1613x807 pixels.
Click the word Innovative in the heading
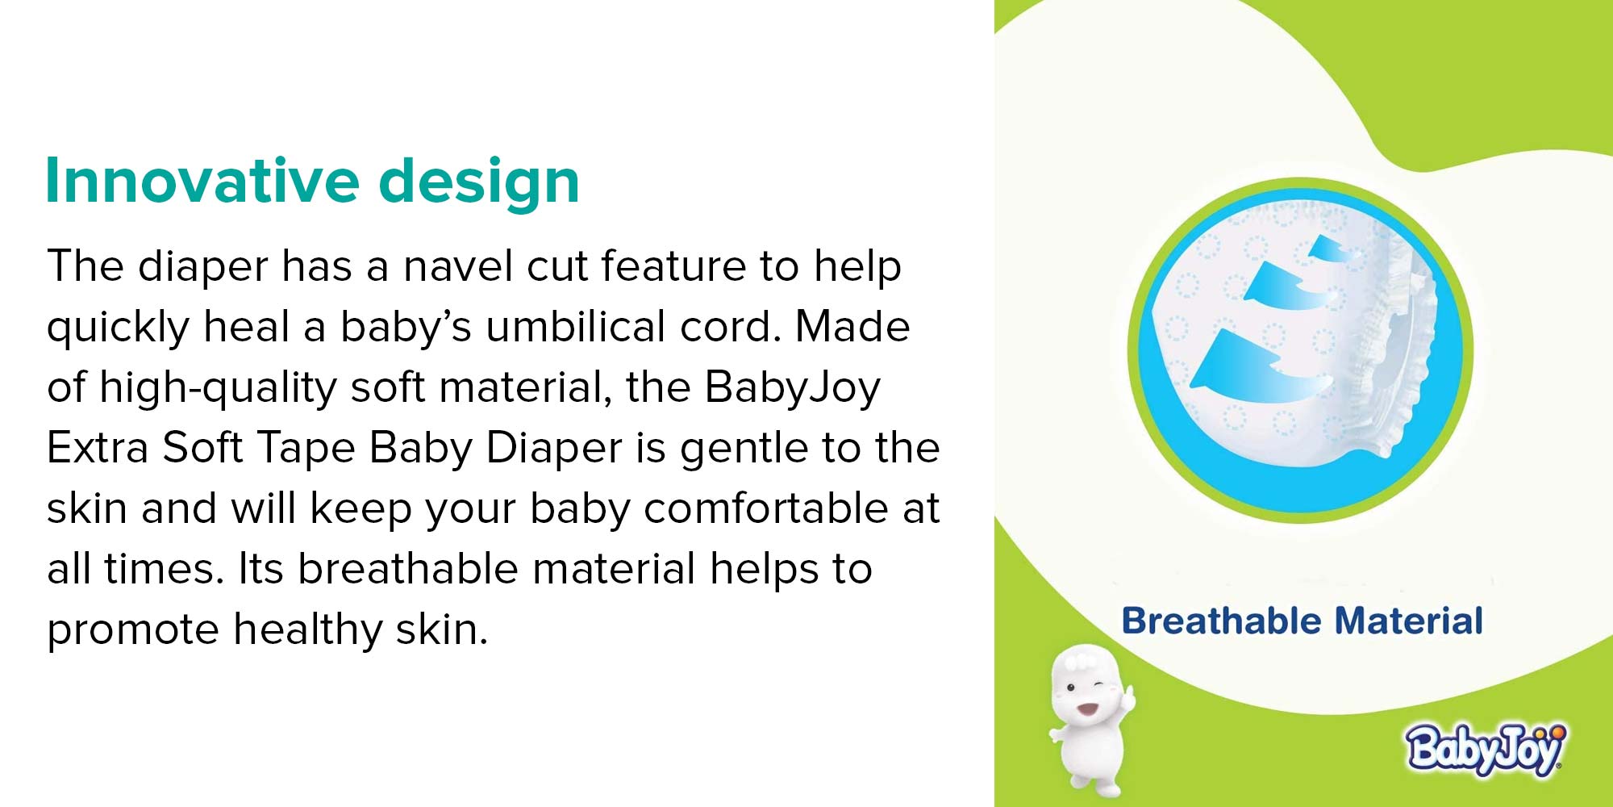tap(202, 180)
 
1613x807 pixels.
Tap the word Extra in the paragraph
tap(98, 447)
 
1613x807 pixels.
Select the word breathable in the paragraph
tap(408, 568)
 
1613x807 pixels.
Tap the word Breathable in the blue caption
tap(1222, 621)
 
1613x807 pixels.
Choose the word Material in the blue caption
tap(1409, 621)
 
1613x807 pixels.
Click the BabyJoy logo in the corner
tap(1486, 749)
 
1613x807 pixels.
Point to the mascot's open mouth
tap(1086, 709)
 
